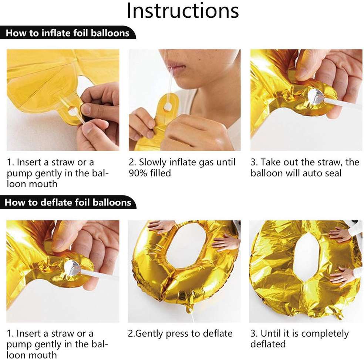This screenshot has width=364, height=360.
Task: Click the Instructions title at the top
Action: pos(182,11)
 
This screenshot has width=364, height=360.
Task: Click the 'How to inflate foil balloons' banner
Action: pos(68,33)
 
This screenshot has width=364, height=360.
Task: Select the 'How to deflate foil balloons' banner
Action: pos(68,203)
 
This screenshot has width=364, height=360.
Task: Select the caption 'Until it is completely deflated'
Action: pos(299,339)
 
